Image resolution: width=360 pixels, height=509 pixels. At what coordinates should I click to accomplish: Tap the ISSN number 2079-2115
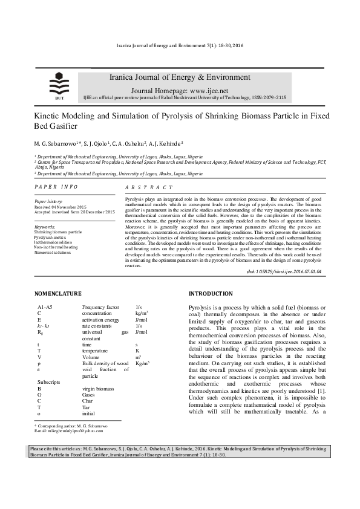point(272,97)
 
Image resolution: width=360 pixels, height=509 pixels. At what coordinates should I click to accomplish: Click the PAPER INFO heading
point(56,187)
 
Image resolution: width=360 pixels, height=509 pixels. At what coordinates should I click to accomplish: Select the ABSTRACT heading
point(149,188)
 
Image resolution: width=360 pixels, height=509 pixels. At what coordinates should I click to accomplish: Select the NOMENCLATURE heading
point(58,294)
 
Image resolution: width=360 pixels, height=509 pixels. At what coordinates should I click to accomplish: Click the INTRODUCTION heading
point(211,294)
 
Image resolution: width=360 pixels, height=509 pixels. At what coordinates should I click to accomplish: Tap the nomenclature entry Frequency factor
point(100,308)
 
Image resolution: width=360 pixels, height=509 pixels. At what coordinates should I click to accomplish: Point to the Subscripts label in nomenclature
point(49,383)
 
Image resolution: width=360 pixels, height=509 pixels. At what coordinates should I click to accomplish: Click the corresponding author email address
point(69,431)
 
